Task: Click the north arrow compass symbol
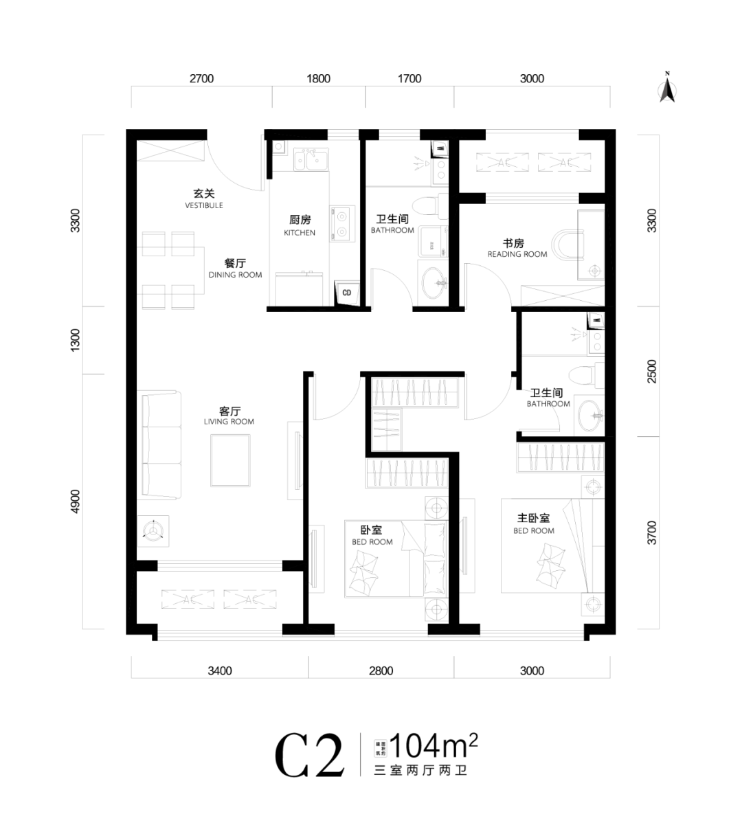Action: [x=666, y=88]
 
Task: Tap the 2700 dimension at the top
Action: [x=201, y=78]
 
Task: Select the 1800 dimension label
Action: [x=318, y=78]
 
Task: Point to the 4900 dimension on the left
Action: [x=76, y=501]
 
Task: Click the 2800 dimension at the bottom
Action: [x=381, y=670]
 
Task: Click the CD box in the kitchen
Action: [x=347, y=293]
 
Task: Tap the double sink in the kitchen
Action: [x=311, y=161]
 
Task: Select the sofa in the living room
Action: [x=161, y=444]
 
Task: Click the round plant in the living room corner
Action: [x=153, y=531]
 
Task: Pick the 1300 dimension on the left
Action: [x=76, y=339]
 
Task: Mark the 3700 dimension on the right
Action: [x=652, y=533]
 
